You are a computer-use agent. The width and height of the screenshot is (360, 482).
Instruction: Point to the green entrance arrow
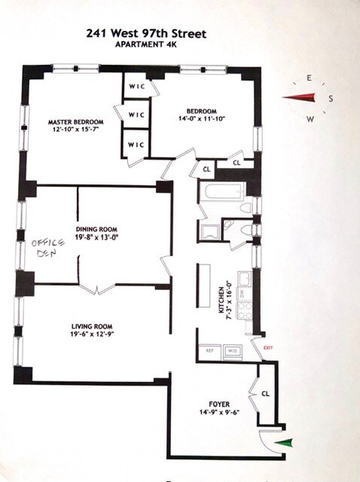282,444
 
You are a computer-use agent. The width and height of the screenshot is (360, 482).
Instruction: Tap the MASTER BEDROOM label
75,122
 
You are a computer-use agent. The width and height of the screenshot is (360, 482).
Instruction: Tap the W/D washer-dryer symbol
232,350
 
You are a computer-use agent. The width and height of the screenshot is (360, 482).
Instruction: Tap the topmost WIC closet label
136,87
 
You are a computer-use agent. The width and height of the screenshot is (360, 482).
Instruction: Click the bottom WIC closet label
136,144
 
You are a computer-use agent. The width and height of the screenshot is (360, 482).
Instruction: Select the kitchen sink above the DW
244,280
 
